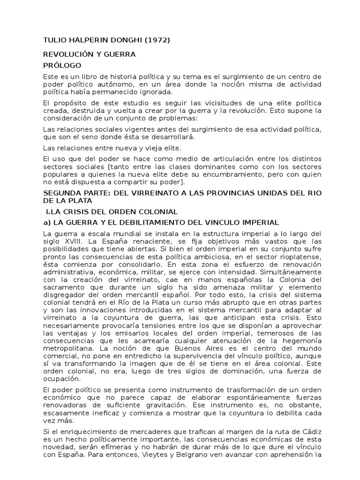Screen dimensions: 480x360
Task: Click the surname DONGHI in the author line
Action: [x=124, y=40]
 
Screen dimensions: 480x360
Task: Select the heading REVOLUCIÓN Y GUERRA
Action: [x=89, y=54]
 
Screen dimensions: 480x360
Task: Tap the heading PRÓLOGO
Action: [x=62, y=66]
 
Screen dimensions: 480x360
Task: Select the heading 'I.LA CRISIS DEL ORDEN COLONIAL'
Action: [x=105, y=212]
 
